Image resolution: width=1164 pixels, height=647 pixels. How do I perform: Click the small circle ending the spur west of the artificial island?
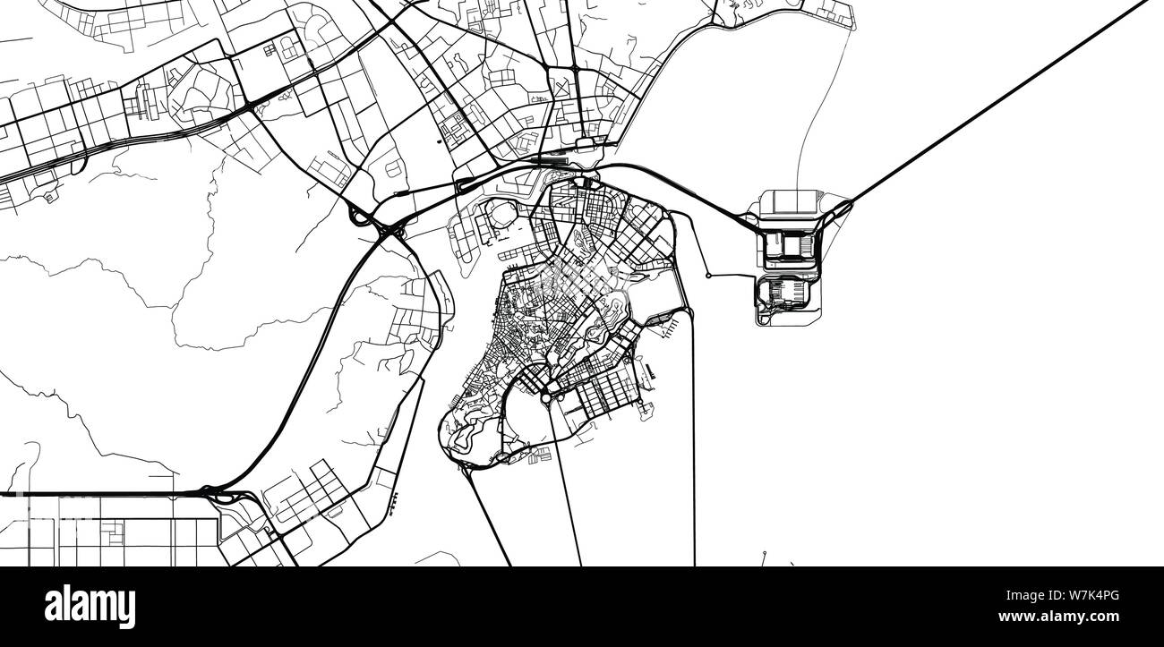click(708, 276)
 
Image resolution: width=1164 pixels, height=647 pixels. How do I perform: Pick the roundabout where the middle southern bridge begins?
click(549, 392)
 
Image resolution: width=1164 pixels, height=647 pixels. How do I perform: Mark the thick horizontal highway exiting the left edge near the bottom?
click(90, 493)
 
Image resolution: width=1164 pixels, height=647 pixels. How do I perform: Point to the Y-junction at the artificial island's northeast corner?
click(840, 211)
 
